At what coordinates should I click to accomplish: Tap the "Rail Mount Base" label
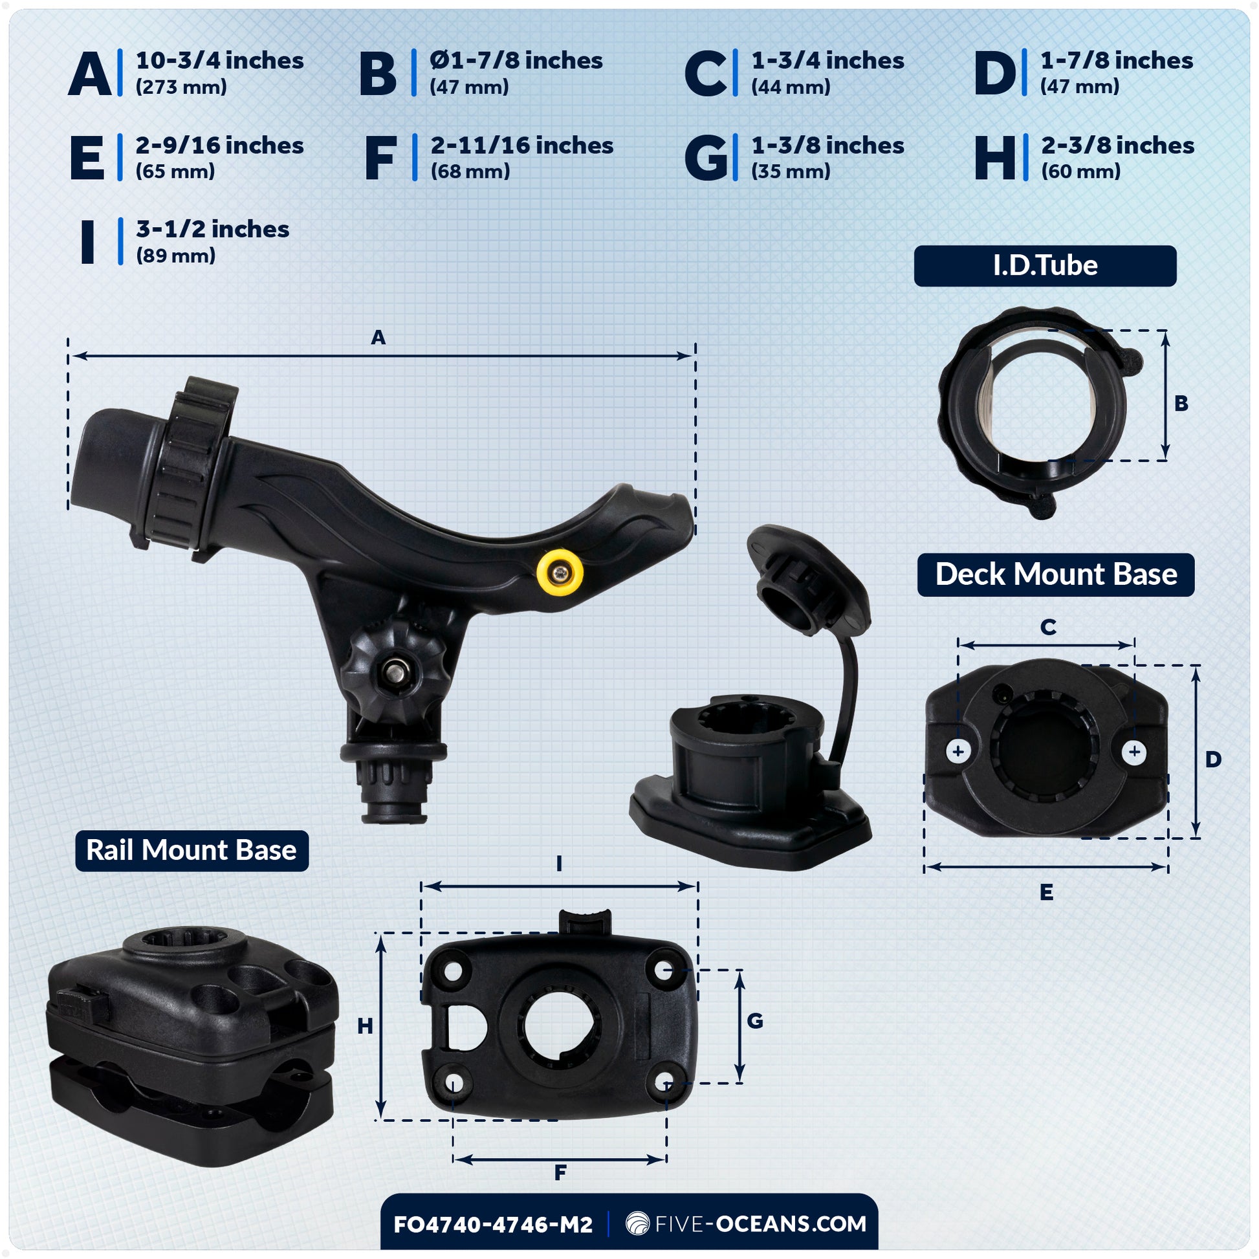192,850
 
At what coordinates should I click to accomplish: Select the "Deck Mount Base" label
1056,574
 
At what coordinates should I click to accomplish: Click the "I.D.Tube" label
1046,265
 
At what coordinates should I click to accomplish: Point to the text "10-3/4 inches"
219,61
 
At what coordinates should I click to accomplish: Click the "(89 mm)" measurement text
175,256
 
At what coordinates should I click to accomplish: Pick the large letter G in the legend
706,158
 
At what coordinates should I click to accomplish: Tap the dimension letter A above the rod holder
378,338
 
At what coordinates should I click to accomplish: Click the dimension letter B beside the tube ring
1181,403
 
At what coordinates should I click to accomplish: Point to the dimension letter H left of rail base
365,1026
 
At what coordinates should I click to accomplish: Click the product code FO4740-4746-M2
493,1225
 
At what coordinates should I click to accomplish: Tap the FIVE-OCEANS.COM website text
760,1224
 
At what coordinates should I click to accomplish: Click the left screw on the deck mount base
958,752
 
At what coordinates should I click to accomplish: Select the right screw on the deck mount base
1135,752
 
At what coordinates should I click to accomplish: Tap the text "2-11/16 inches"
522,146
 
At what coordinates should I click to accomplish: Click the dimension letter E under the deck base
1047,892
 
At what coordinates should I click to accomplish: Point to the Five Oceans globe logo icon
637,1224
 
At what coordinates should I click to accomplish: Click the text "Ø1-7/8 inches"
516,61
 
